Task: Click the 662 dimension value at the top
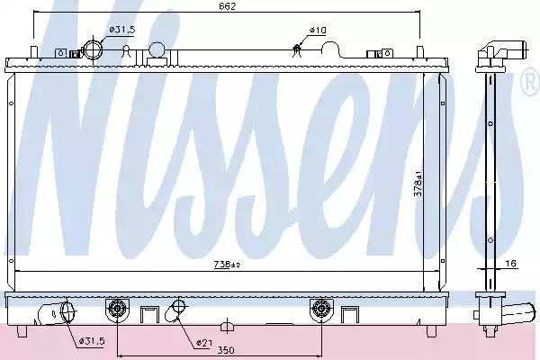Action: pos(228,6)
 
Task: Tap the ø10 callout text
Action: pos(317,31)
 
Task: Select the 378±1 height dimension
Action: pos(418,183)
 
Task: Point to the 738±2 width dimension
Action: pos(227,265)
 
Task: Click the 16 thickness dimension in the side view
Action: pos(512,264)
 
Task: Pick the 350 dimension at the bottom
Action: pos(226,350)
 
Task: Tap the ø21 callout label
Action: pos(204,343)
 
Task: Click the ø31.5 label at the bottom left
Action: pos(92,341)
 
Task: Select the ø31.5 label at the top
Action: pos(122,30)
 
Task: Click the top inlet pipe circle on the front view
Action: pos(94,49)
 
